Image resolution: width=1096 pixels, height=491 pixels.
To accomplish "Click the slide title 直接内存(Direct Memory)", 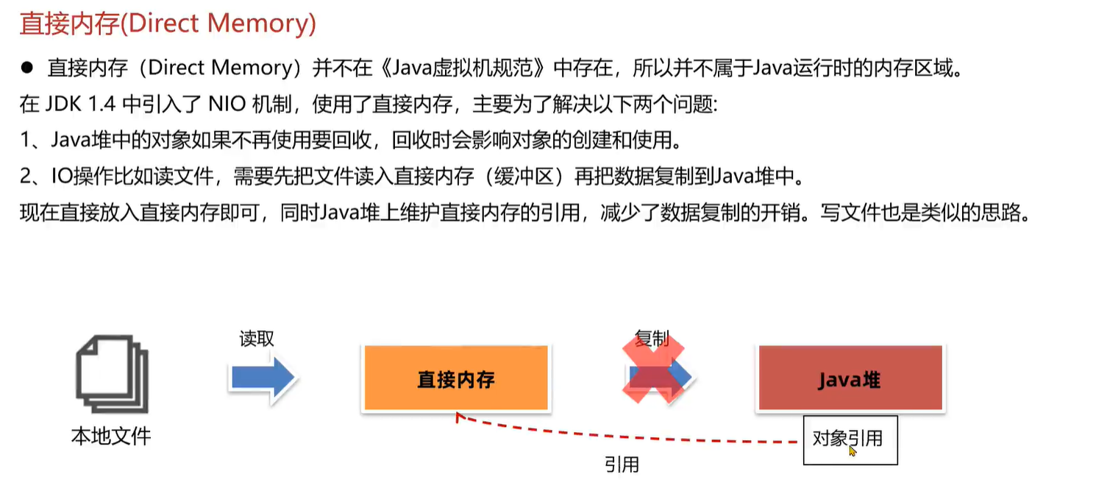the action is pyautogui.click(x=168, y=24).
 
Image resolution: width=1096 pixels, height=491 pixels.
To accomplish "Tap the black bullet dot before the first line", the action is pyautogui.click(x=28, y=68).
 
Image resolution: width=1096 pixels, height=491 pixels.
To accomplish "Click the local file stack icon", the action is pyautogui.click(x=112, y=376).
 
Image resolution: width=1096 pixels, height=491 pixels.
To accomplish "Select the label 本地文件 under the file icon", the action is pyautogui.click(x=111, y=436).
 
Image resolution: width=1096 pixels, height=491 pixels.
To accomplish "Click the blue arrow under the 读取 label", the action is pyautogui.click(x=263, y=378).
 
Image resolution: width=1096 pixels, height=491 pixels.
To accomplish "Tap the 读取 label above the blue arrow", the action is pyautogui.click(x=257, y=339).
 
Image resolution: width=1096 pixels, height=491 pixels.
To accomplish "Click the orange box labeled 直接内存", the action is pyautogui.click(x=456, y=378).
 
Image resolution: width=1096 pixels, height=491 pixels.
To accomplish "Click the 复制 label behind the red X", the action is pyautogui.click(x=652, y=339).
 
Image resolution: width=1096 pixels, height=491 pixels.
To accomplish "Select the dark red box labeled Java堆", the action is pyautogui.click(x=850, y=378).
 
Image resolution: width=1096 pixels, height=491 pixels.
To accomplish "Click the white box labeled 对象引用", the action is pyautogui.click(x=849, y=439).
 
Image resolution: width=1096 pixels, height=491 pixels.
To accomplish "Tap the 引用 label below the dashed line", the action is pyautogui.click(x=622, y=464).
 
